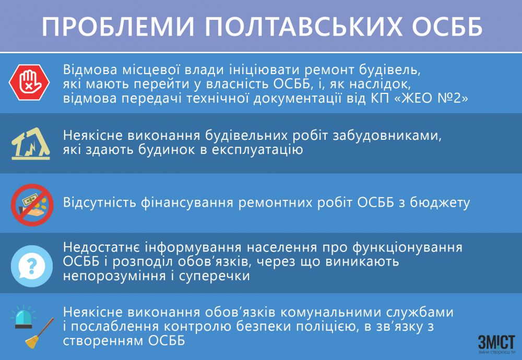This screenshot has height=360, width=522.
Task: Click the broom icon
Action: pyautogui.click(x=41, y=334)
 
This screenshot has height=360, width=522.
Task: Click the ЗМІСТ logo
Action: pyautogui.click(x=496, y=343)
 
